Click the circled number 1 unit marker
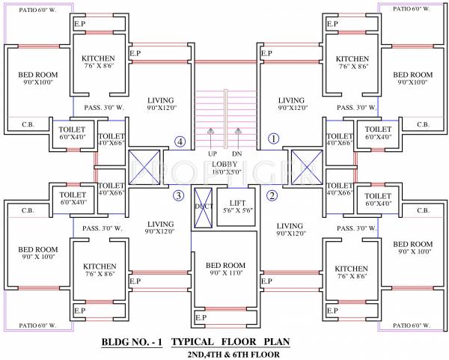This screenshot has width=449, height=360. click(x=274, y=138)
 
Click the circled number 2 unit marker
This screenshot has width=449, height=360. click(x=272, y=196)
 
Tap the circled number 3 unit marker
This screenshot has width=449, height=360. click(x=178, y=196)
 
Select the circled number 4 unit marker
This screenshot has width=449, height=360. click(x=180, y=140)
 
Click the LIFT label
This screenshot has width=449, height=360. click(x=237, y=203)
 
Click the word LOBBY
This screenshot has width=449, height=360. click(x=224, y=164)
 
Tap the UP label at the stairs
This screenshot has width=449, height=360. click(x=212, y=154)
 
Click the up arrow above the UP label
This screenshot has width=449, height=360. click(x=212, y=137)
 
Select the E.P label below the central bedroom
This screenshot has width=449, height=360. click(x=201, y=317)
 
